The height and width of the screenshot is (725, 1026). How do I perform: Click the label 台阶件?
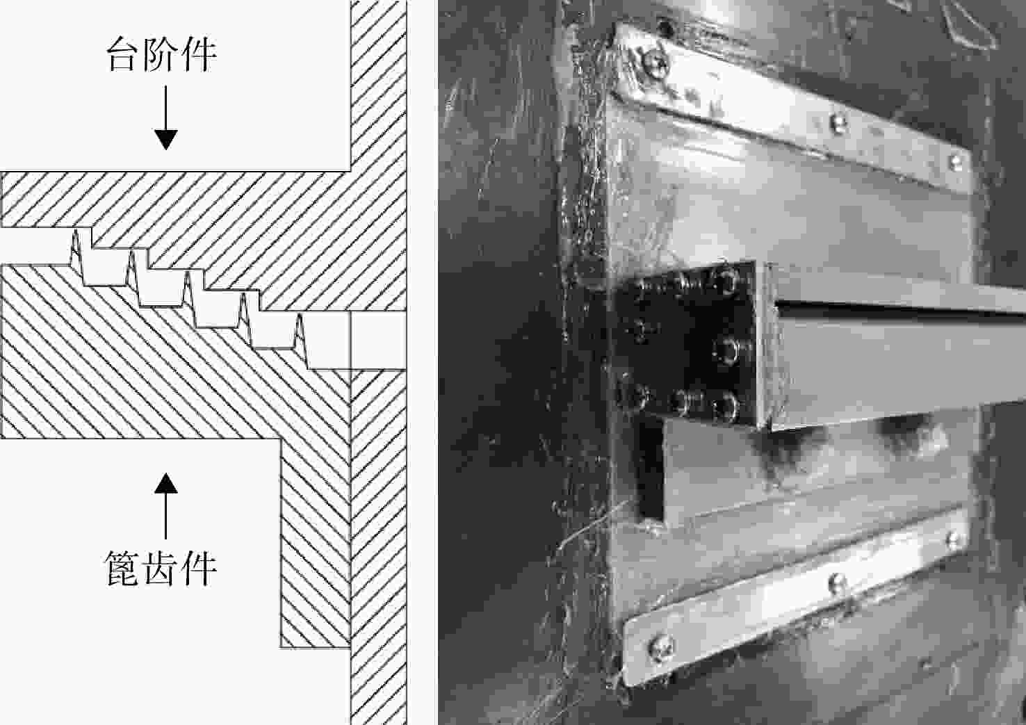[161, 54]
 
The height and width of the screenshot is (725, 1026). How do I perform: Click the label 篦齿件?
[161, 568]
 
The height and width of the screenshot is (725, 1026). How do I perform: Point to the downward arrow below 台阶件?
[165, 117]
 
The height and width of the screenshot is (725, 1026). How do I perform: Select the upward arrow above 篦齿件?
[165, 506]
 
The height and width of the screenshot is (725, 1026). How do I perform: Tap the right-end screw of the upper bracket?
[956, 161]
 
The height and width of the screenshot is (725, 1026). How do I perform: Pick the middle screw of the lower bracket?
[838, 584]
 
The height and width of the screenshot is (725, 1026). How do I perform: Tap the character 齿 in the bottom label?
[161, 569]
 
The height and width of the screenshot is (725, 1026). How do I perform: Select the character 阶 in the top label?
[161, 54]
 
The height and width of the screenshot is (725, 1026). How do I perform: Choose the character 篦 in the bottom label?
[123, 569]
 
